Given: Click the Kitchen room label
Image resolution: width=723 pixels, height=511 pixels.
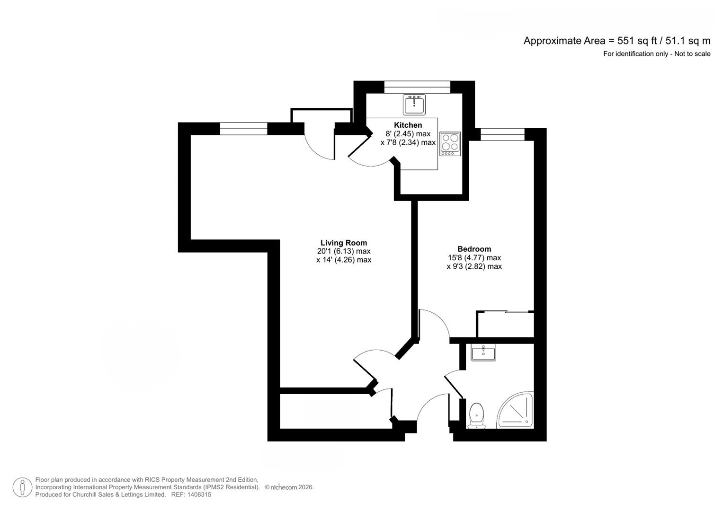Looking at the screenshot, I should (x=408, y=125).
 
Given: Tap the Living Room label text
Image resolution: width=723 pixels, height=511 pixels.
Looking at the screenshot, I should (x=343, y=243).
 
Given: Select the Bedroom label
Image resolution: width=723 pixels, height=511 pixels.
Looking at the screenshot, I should (x=474, y=249).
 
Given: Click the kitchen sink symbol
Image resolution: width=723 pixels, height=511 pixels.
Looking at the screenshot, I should (x=414, y=104).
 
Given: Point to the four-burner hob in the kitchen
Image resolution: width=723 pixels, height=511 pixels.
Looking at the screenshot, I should (x=450, y=143).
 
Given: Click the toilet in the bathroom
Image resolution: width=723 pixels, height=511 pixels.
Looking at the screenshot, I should (x=476, y=414).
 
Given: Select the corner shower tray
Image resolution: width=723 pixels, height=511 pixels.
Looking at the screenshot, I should (x=516, y=411).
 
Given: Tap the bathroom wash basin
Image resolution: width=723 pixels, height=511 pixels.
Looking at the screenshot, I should (x=483, y=352).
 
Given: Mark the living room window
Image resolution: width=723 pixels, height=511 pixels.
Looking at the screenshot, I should (x=243, y=129).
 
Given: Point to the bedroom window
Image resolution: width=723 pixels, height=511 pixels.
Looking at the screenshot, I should (x=502, y=134).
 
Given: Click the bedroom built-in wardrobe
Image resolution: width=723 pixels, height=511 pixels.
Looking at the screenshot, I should (x=505, y=324).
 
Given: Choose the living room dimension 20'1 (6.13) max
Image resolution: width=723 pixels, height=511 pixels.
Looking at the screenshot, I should (x=343, y=251).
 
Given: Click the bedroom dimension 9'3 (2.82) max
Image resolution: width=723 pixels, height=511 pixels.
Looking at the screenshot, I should (x=474, y=266).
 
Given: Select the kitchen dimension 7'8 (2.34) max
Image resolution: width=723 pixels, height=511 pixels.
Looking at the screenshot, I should (x=408, y=142).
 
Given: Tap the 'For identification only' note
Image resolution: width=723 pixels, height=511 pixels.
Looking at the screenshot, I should (x=656, y=54).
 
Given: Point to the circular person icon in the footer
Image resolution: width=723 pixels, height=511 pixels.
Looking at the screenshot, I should (x=22, y=487).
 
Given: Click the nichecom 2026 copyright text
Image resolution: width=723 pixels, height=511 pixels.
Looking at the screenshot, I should (x=289, y=487).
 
